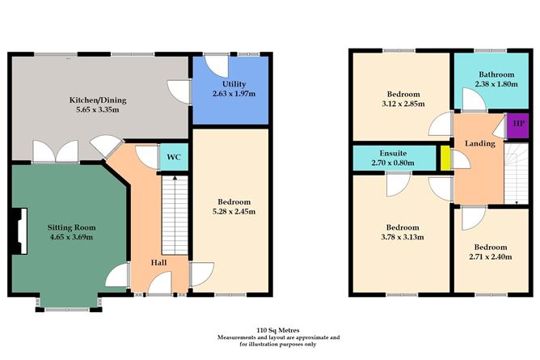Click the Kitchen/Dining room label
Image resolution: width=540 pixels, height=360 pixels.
pos(96,100)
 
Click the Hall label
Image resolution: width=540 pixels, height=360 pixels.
pos(159,263)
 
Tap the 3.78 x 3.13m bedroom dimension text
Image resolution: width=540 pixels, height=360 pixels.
pos(402,238)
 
